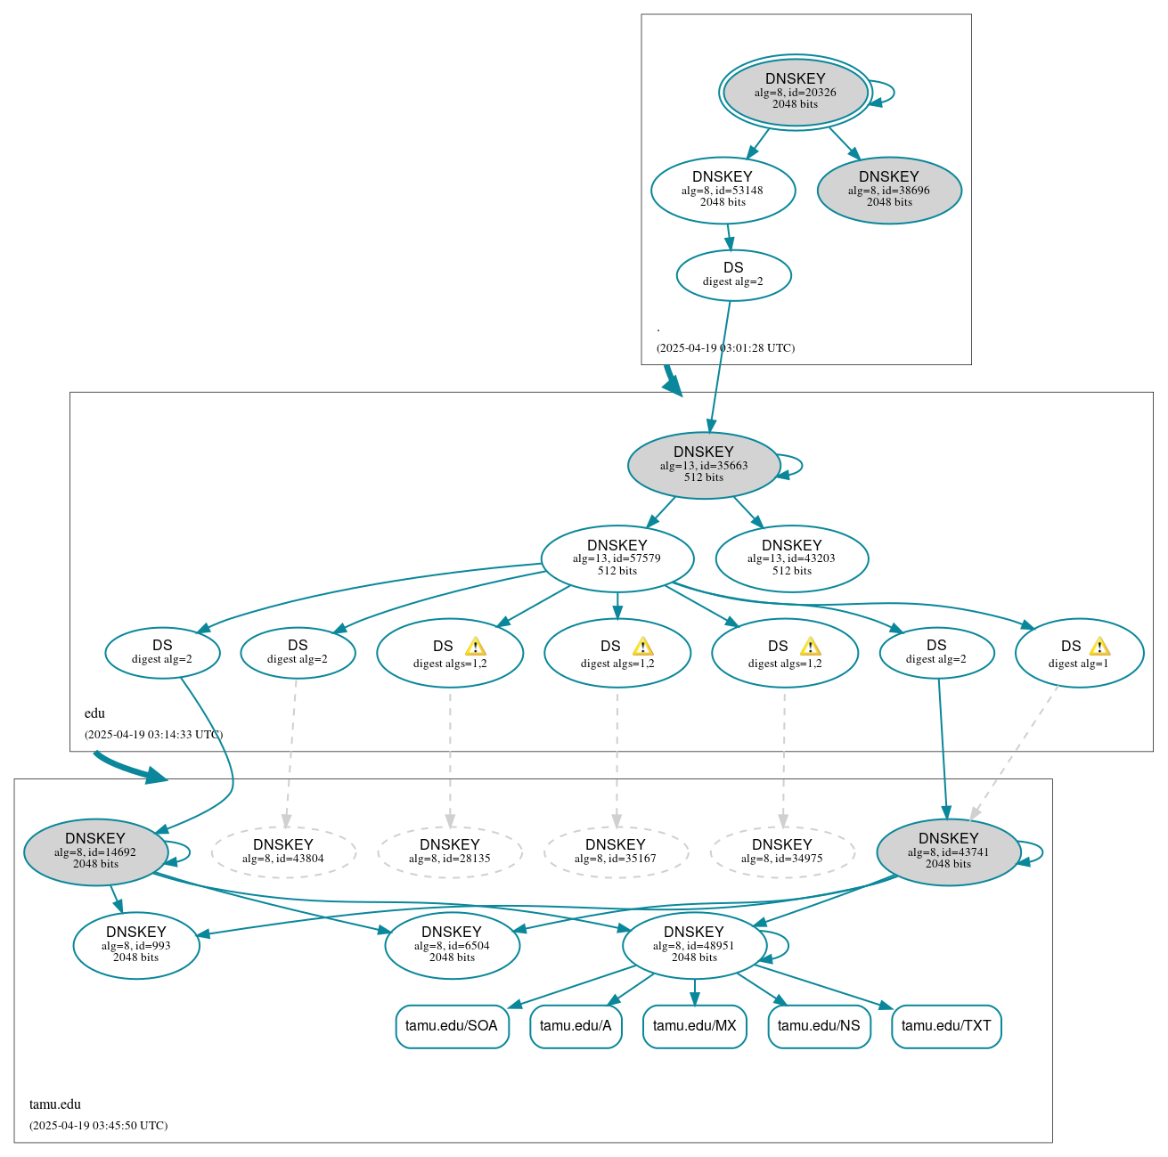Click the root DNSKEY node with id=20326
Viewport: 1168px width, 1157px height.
coord(795,92)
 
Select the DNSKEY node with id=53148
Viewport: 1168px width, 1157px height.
coord(723,190)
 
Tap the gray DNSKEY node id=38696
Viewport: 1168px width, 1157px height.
coord(888,190)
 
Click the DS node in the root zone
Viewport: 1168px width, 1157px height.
coord(733,275)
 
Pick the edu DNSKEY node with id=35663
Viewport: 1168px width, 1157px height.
coord(703,465)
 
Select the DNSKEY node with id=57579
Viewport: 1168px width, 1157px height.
coord(617,558)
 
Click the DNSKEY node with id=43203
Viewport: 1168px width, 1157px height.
coord(791,558)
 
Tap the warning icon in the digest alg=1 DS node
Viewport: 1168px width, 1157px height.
coord(1099,647)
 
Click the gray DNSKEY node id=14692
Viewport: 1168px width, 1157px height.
coord(95,851)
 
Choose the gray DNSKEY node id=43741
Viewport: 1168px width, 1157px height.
coord(948,851)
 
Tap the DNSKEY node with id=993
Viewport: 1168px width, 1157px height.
coord(136,945)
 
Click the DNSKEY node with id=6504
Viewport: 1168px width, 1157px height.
coord(452,945)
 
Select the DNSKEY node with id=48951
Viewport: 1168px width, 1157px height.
coord(694,945)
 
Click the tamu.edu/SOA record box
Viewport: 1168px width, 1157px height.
coord(452,1026)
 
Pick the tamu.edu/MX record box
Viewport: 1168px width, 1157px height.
coord(694,1026)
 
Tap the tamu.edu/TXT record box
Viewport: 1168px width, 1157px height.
coord(946,1026)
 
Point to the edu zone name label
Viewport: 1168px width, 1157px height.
coord(94,713)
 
